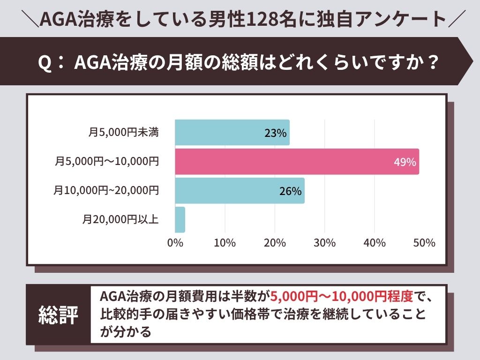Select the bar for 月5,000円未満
(x=232, y=132)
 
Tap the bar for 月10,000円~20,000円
(x=240, y=191)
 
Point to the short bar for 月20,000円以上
(x=180, y=220)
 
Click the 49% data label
(x=405, y=162)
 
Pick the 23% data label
(x=275, y=133)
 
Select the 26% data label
(x=290, y=191)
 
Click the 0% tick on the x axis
(x=175, y=243)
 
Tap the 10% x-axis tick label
(x=225, y=243)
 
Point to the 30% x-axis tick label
(x=324, y=243)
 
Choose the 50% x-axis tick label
(x=424, y=243)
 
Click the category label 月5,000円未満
(x=123, y=133)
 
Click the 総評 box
(x=58, y=315)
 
